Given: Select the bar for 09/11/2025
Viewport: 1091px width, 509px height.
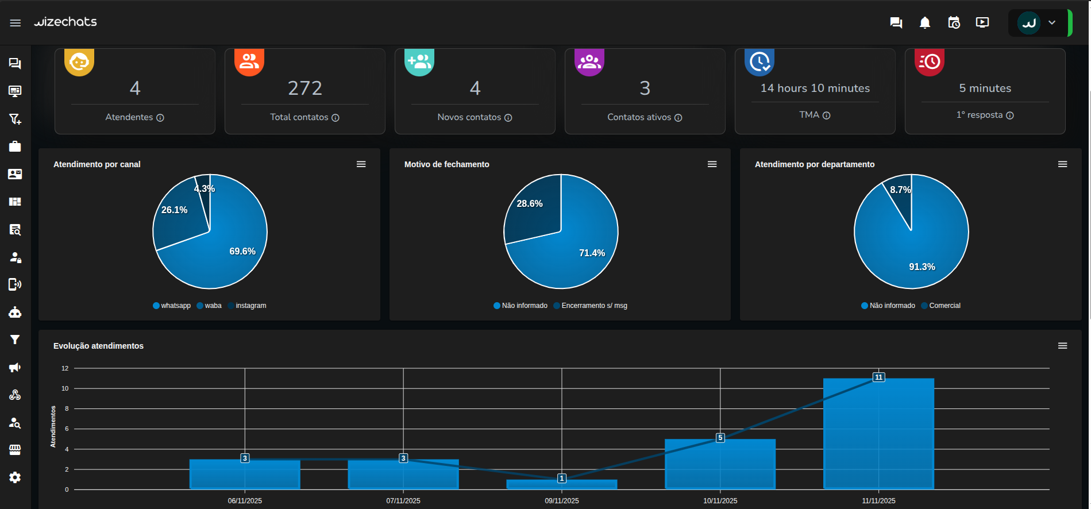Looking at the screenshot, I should click(561, 484).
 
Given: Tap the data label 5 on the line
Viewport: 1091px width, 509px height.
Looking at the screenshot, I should click(720, 438).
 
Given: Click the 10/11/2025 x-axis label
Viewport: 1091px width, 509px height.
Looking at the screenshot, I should click(720, 501).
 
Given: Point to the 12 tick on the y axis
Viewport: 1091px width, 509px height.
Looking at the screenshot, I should click(65, 368).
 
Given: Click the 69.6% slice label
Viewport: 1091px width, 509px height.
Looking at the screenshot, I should click(242, 251).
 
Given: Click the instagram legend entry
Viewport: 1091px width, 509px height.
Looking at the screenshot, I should click(250, 306).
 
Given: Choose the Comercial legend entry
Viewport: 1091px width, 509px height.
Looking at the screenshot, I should click(944, 306).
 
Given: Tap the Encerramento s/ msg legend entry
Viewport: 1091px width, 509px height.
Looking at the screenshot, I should click(593, 306).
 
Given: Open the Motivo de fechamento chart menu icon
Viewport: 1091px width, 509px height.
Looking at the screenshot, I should click(712, 164).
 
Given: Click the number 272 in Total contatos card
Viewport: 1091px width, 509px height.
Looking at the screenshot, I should click(305, 88).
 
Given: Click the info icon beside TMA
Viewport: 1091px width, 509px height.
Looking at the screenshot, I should click(826, 115).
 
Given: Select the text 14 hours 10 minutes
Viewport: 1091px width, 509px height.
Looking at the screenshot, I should click(815, 88).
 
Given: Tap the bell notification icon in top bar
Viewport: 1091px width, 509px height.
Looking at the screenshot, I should click(924, 22).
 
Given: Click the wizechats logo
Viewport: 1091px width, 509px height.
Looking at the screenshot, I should click(65, 22).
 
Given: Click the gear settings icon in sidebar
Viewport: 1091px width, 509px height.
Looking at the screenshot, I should click(15, 477).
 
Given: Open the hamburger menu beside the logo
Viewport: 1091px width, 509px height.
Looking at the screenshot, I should click(16, 23).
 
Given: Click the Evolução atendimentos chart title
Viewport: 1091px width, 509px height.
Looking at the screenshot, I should click(98, 346).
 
